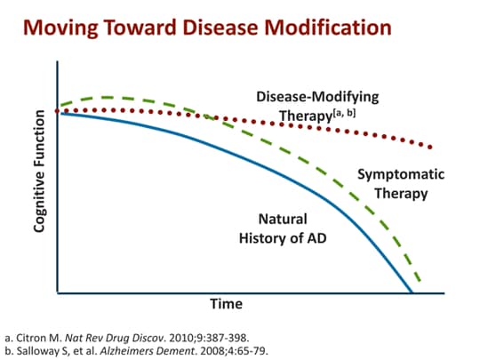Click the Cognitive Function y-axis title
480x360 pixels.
coord(38,170)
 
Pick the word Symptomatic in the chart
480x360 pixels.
coord(401,175)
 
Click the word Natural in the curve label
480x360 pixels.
coord(283,219)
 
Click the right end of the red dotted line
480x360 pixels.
coord(432,147)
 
